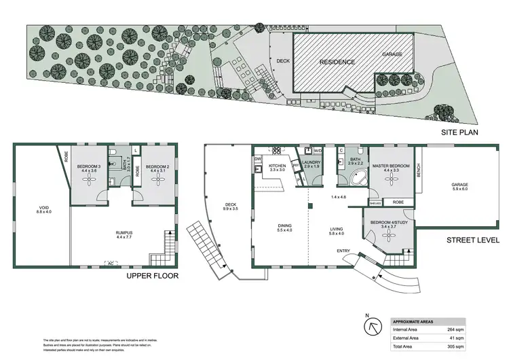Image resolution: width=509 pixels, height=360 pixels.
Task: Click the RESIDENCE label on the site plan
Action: pos(337,62)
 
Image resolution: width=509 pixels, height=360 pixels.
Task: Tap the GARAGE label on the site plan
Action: pos(392,54)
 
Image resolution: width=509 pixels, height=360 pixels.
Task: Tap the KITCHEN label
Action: pos(278,166)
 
